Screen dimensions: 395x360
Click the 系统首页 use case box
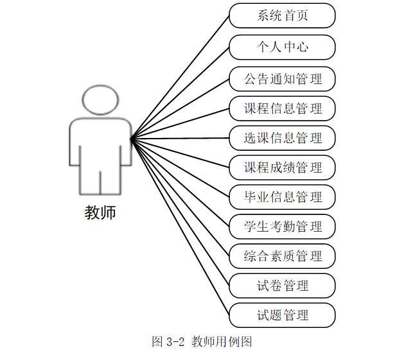coord(282,16)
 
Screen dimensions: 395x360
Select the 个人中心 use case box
coord(282,47)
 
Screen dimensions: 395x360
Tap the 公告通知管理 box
coord(282,80)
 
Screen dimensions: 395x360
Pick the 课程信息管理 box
coord(282,108)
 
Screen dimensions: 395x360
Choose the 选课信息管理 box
coord(282,138)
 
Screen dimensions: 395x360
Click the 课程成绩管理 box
coord(282,167)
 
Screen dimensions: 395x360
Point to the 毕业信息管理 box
coord(282,197)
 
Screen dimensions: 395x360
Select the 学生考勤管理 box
coord(282,227)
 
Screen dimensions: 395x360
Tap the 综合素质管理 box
coord(282,256)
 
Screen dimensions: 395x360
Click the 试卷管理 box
coord(282,286)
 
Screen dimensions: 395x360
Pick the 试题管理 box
coord(282,315)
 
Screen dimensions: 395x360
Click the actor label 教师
coord(100,212)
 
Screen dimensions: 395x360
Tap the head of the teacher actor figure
coord(101,99)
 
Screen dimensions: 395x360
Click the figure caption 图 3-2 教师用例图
coord(202,341)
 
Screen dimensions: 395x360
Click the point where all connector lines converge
coord(130,138)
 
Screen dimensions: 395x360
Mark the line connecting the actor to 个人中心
coord(180,92)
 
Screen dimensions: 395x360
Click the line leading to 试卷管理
coord(180,211)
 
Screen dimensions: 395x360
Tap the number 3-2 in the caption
coord(176,341)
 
